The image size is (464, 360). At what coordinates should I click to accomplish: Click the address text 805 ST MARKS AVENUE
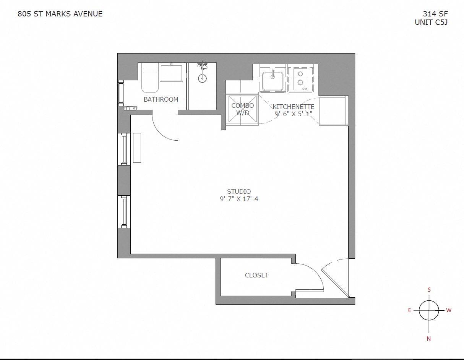[x=60, y=14]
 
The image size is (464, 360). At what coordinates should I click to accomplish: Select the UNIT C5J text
[x=431, y=22]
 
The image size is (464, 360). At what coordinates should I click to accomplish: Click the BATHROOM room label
[x=161, y=99]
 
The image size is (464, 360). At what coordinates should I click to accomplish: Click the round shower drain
[x=203, y=79]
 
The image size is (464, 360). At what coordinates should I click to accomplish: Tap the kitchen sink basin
[x=273, y=81]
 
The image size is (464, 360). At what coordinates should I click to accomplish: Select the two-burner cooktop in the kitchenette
[x=300, y=79]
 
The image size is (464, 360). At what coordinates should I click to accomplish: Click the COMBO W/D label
[x=242, y=109]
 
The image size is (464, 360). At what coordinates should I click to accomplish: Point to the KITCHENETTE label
[x=294, y=107]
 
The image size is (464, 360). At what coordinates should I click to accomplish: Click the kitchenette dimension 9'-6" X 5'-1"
[x=294, y=114]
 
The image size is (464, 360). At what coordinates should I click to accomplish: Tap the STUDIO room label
[x=239, y=191]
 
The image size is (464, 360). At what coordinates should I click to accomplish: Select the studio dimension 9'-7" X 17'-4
[x=239, y=199]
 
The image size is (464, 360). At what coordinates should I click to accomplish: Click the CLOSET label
[x=257, y=275]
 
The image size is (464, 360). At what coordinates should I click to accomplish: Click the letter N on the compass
[x=429, y=339]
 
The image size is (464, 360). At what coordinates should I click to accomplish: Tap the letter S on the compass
[x=429, y=290]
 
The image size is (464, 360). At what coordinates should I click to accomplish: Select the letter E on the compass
[x=409, y=310]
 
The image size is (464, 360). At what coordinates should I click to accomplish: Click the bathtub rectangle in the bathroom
[x=171, y=73]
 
